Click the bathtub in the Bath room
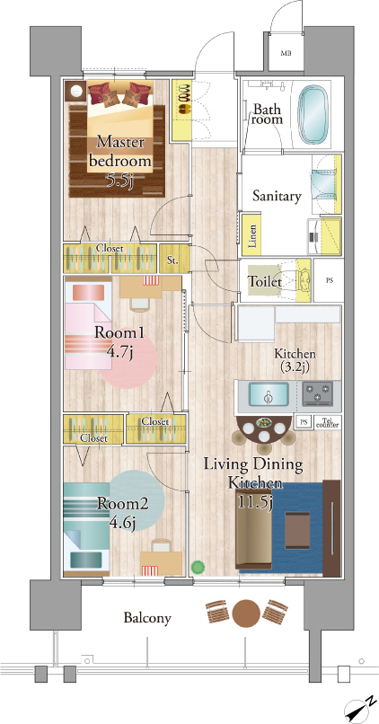pyautogui.click(x=314, y=114)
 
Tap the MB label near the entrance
pyautogui.click(x=286, y=53)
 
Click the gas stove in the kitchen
pyautogui.click(x=318, y=393)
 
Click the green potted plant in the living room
pyautogui.click(x=198, y=566)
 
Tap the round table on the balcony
pyautogui.click(x=245, y=613)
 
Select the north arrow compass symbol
pyautogui.click(x=360, y=709)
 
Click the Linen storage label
pyautogui.click(x=252, y=237)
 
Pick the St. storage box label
pyautogui.click(x=172, y=260)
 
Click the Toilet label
pyautogui.click(x=266, y=281)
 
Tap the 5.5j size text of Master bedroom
pyautogui.click(x=121, y=178)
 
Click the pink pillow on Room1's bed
pyautogui.click(x=88, y=292)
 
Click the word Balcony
pyautogui.click(x=147, y=618)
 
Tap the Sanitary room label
pyautogui.click(x=277, y=197)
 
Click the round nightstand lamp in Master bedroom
pyautogui.click(x=75, y=91)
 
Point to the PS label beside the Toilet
pyautogui.click(x=329, y=280)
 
